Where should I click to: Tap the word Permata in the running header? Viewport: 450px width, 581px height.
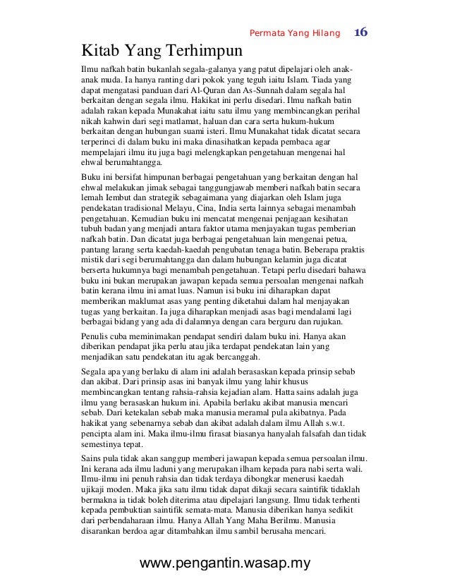[267, 34]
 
